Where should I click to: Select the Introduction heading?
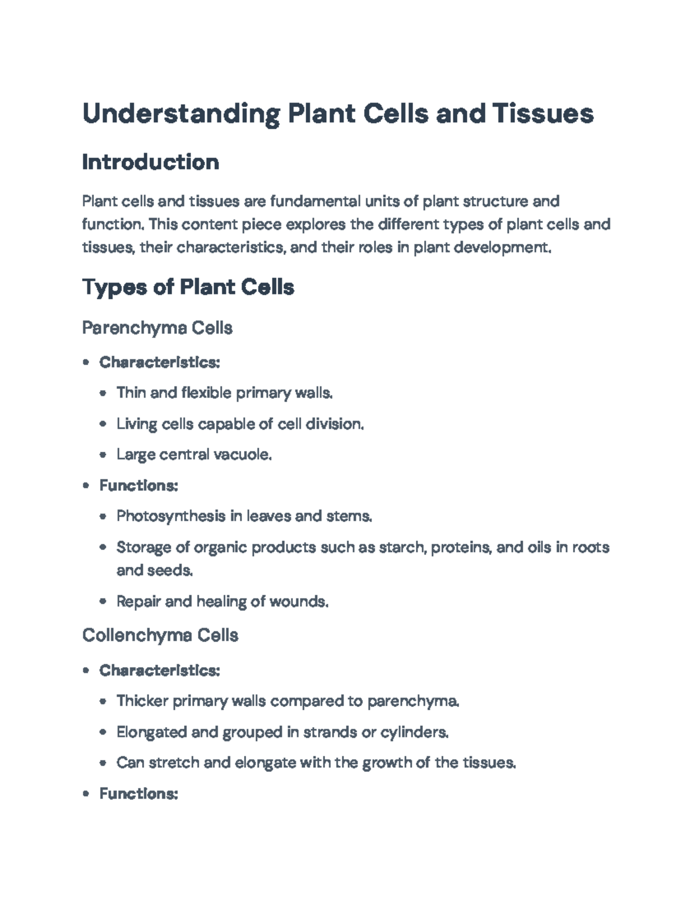pyautogui.click(x=150, y=162)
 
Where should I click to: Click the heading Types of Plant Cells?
pyautogui.click(x=188, y=287)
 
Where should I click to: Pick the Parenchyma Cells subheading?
pyautogui.click(x=157, y=328)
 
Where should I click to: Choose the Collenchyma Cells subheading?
pyautogui.click(x=160, y=635)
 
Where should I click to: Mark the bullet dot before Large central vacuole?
pyautogui.click(x=103, y=455)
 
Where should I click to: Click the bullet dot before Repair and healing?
pyautogui.click(x=103, y=601)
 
